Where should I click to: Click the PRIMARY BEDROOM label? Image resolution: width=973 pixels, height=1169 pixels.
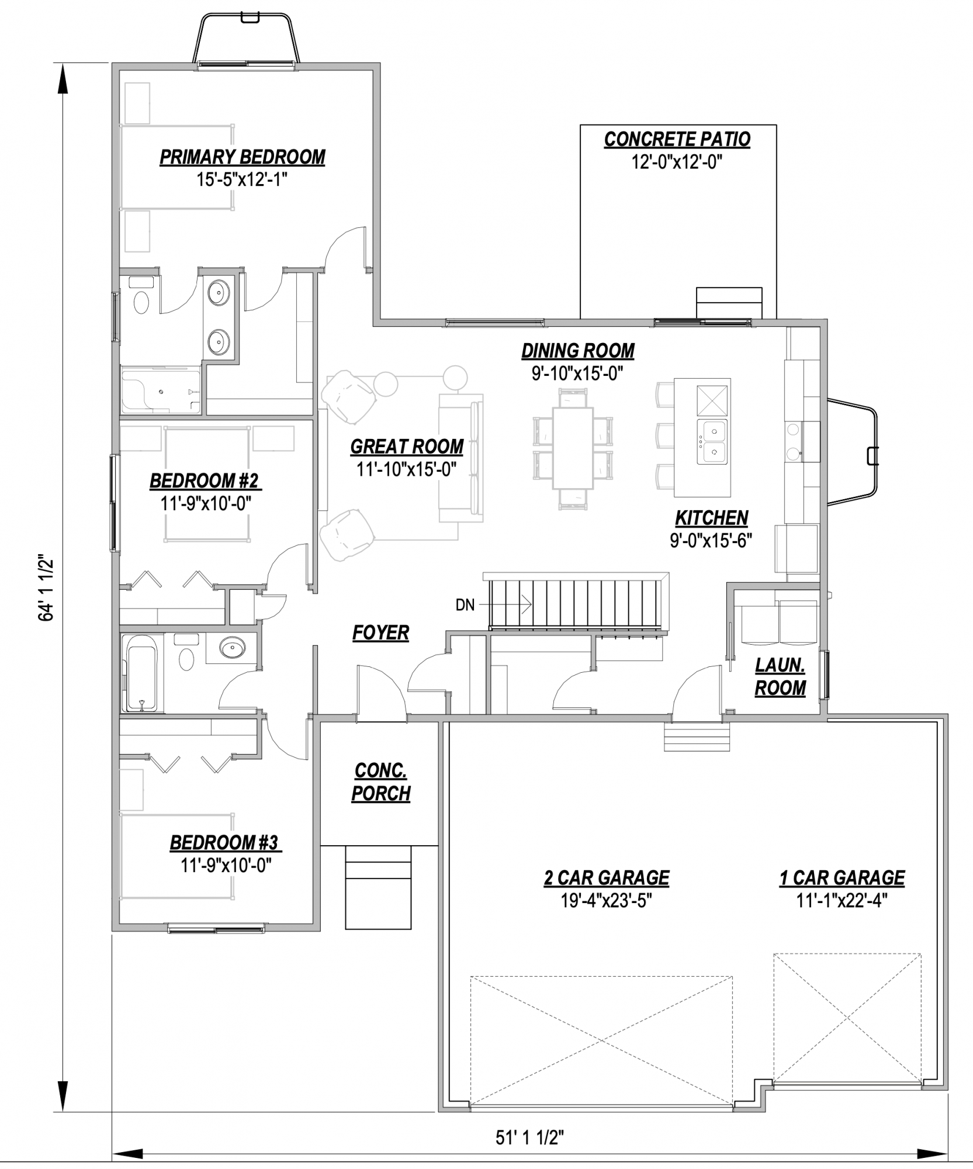tap(243, 157)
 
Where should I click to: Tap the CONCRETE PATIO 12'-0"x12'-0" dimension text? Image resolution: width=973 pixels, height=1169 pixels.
tap(677, 162)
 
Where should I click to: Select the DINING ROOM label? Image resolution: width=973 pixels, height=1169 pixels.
tap(578, 351)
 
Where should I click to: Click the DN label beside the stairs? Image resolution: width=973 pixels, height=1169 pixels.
tap(465, 605)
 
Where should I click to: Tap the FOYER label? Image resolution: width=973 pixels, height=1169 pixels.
tap(380, 632)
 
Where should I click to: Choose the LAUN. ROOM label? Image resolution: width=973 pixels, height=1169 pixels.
tap(780, 677)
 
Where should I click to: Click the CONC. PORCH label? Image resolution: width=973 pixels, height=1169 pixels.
tap(381, 782)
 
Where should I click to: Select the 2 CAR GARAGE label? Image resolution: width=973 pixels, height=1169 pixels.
tap(607, 878)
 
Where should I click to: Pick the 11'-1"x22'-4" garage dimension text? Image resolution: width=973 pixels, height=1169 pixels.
tap(842, 901)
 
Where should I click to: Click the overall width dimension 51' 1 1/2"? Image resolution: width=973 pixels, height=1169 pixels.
tap(529, 1137)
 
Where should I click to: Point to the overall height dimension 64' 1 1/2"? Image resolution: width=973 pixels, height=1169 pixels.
tap(46, 587)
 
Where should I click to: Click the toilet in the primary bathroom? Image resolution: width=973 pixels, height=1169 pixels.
tap(141, 297)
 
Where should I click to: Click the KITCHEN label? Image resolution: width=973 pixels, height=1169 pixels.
tap(711, 518)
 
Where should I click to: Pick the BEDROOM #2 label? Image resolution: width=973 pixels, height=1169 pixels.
tap(205, 481)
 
